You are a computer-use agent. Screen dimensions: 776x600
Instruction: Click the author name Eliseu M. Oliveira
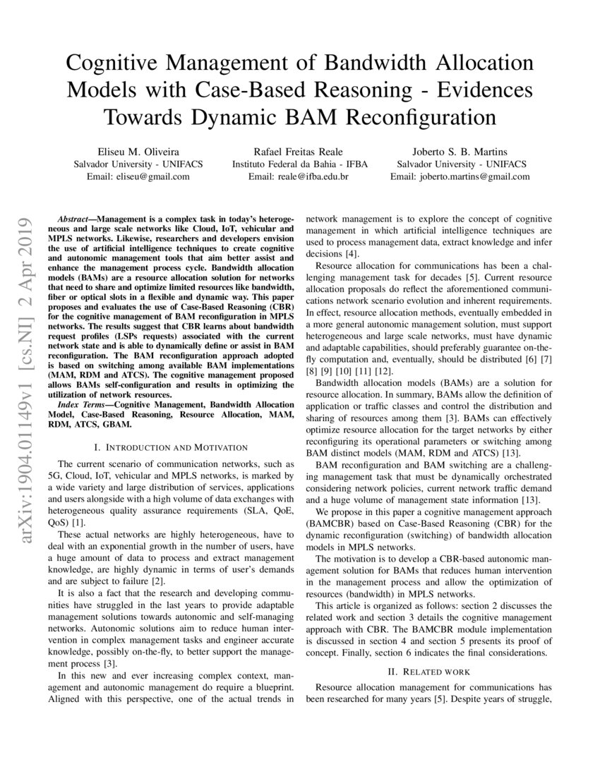[138, 150]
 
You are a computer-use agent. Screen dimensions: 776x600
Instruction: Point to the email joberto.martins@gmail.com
[476, 177]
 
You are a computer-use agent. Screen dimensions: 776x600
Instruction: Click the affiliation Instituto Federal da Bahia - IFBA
[299, 164]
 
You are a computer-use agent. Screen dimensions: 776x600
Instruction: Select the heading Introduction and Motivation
[170, 447]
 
